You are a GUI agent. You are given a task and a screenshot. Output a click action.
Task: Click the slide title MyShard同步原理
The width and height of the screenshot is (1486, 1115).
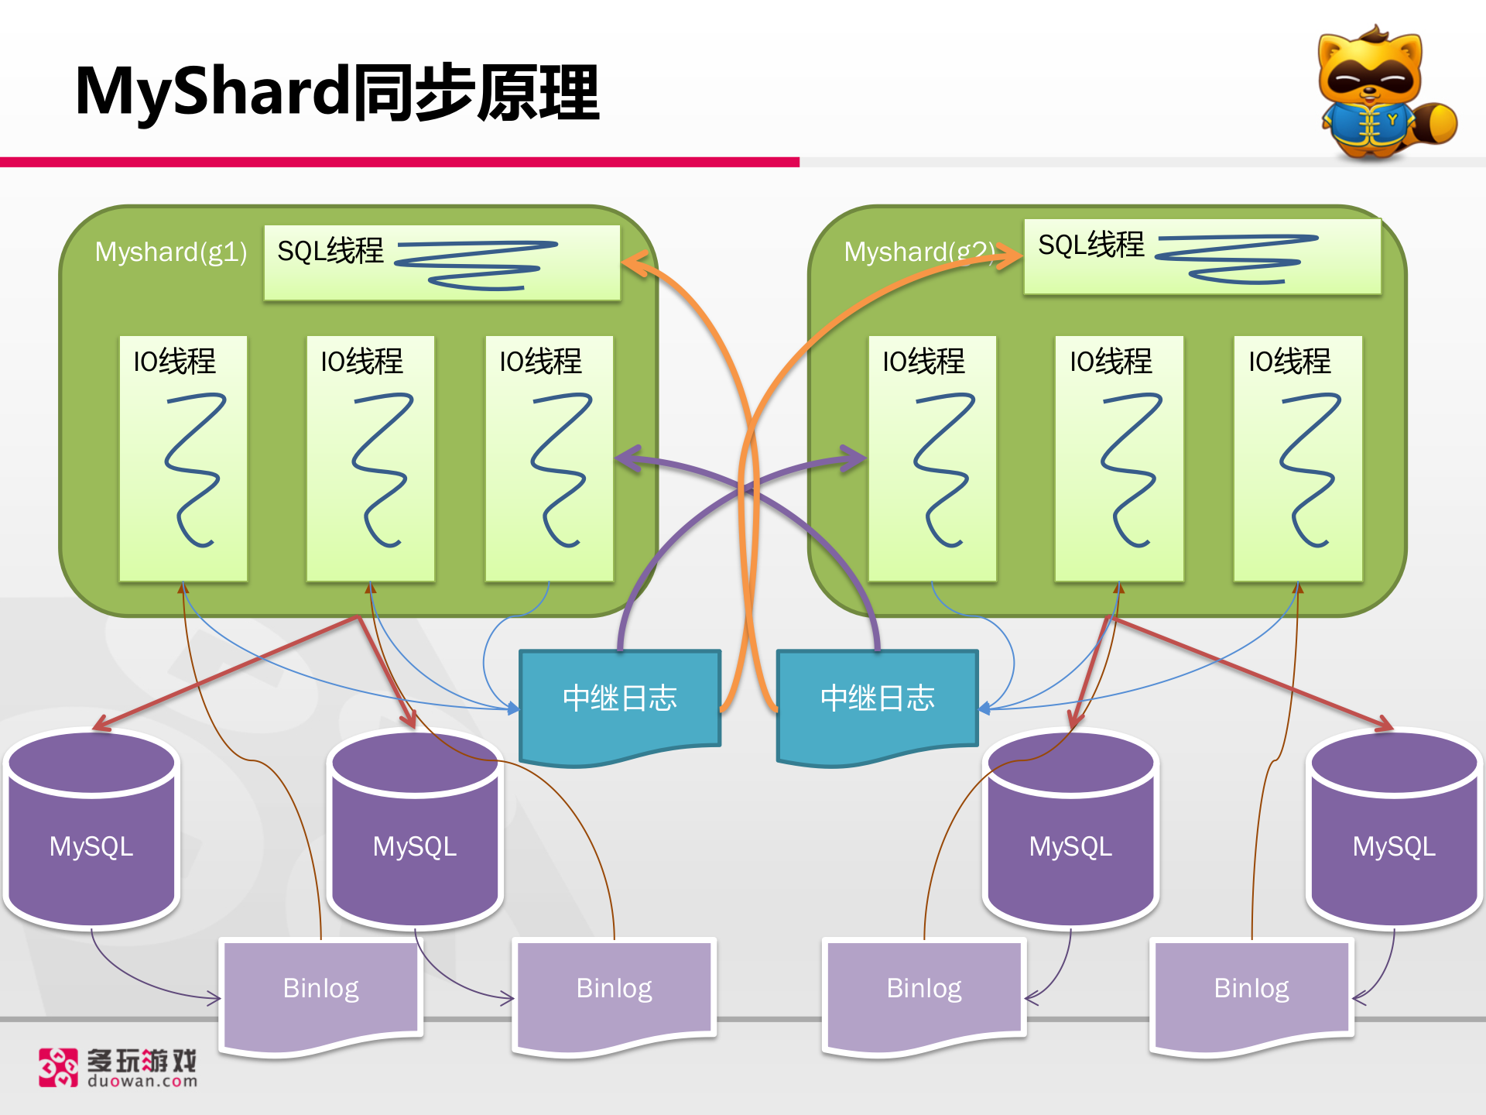point(337,93)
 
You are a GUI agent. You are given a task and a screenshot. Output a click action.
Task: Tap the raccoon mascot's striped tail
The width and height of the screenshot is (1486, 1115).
point(1436,124)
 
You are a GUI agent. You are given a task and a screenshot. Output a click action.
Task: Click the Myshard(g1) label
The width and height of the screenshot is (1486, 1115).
point(171,252)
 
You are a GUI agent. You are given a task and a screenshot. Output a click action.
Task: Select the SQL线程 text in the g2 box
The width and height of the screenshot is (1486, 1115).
point(1091,245)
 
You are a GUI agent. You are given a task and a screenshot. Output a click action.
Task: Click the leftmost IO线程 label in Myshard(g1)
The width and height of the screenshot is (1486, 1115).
point(175,362)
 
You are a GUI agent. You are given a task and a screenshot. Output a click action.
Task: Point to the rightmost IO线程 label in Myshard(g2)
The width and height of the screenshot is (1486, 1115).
point(1289,362)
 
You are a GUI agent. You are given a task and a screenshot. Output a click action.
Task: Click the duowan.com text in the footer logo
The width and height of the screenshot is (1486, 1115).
point(142,1082)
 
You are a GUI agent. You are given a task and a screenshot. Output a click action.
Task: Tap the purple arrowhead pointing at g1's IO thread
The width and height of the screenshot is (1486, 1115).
point(627,458)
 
